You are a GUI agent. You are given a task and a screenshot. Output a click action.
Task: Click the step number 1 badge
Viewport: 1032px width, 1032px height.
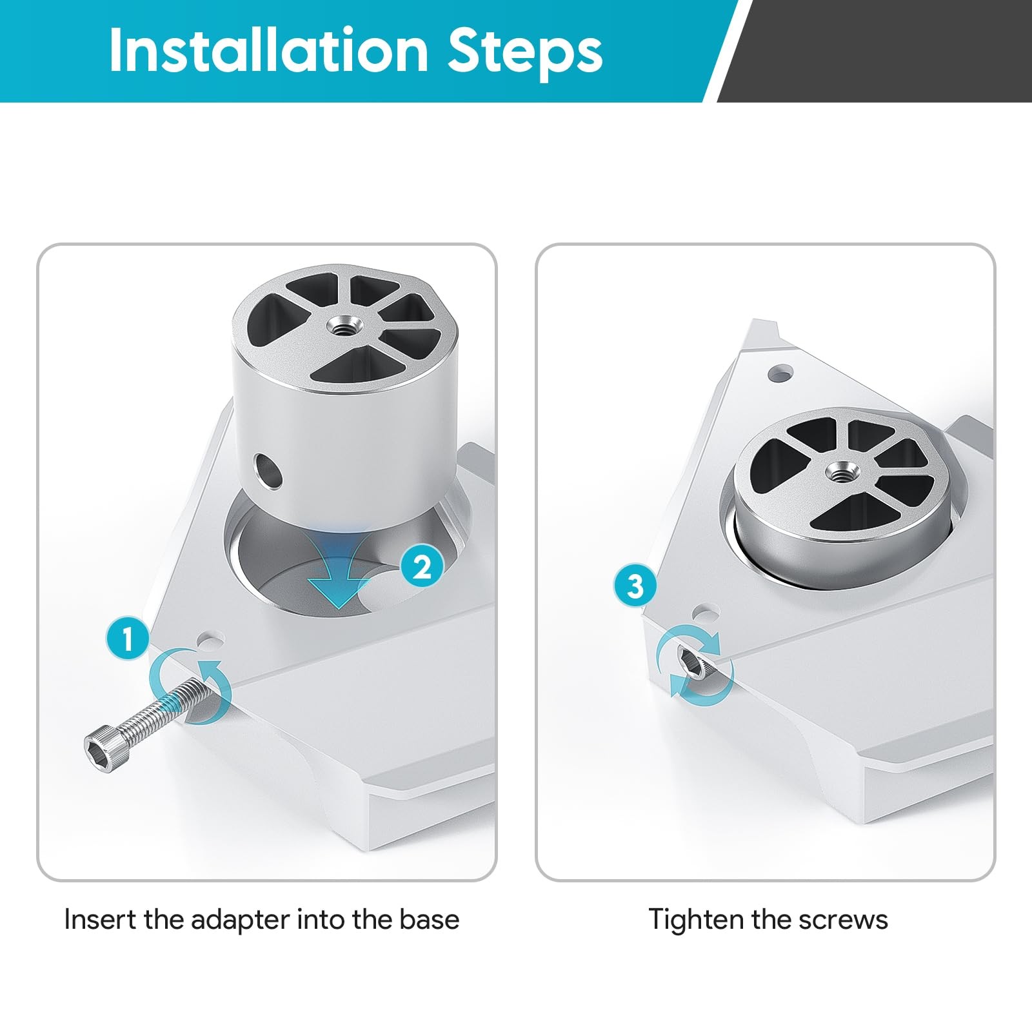(x=128, y=639)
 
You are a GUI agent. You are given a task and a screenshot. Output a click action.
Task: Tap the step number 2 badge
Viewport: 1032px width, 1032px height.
(x=422, y=567)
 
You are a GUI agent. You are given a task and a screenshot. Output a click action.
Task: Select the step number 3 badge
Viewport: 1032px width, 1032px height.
(x=635, y=586)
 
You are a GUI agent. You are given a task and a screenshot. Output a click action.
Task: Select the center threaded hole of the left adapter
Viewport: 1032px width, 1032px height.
(x=344, y=324)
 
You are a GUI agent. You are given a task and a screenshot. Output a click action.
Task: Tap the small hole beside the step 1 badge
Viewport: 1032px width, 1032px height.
(x=211, y=640)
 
